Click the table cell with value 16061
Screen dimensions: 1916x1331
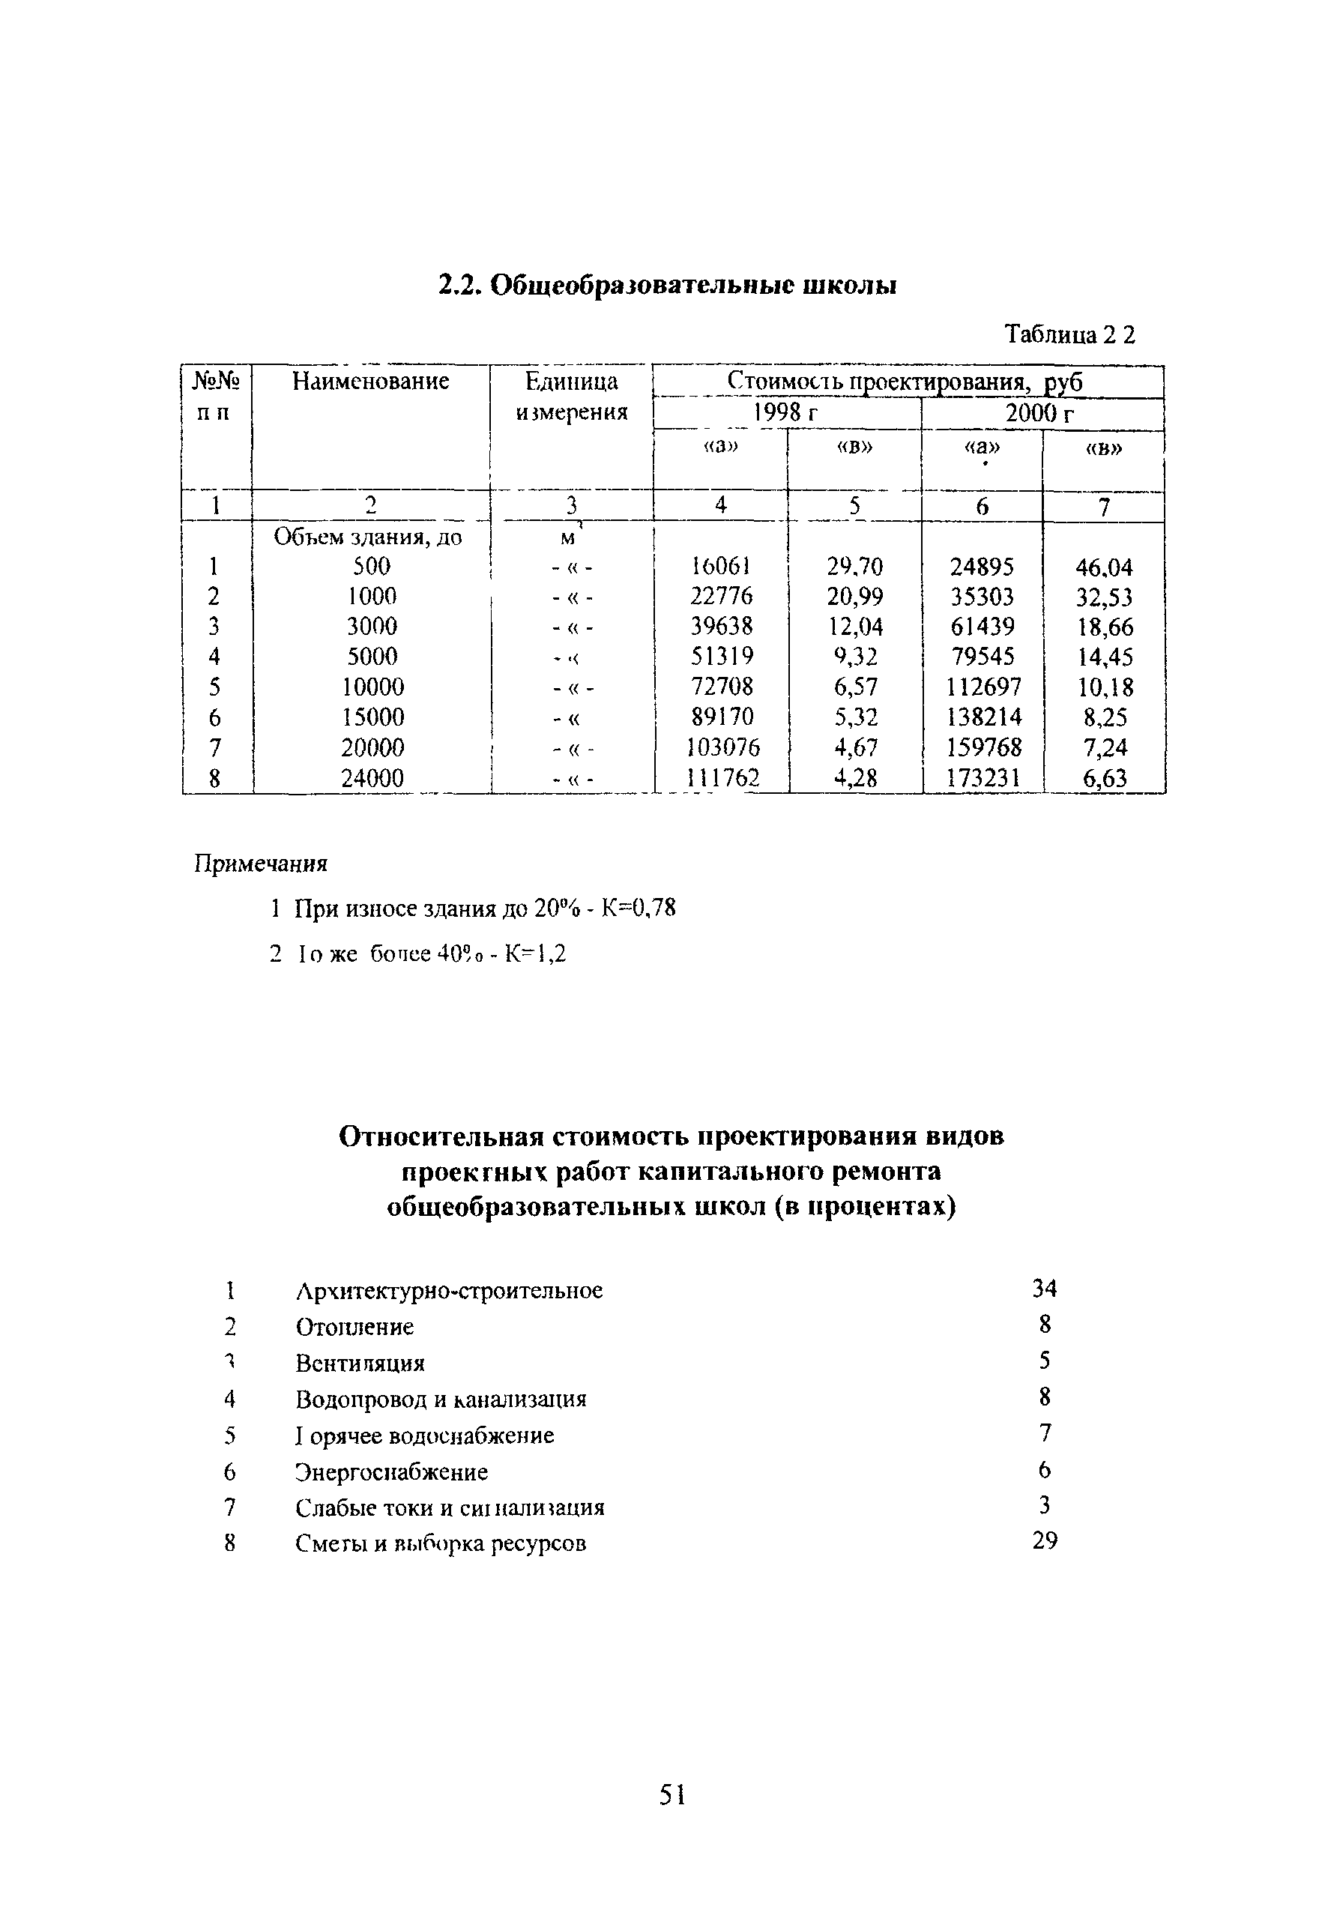722,567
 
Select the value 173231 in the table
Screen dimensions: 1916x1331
983,778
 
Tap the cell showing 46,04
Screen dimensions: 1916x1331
1104,568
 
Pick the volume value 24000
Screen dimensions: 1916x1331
372,778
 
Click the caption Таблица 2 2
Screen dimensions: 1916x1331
1070,334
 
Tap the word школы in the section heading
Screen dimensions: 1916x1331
850,286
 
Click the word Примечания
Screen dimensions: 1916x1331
261,864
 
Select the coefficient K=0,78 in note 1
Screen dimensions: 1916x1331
638,908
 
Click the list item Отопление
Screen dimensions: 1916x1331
354,1327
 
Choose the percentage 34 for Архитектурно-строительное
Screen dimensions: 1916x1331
1044,1289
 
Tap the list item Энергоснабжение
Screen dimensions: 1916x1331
391,1471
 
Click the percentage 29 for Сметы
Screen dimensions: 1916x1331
1044,1541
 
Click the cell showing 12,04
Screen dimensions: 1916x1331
855,627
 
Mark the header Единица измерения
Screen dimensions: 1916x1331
571,397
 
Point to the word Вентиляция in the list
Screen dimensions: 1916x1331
360,1363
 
